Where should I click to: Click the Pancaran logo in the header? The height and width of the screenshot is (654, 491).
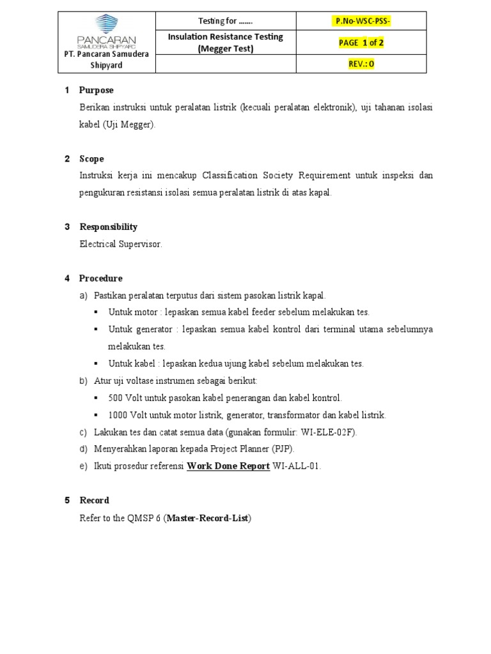pos(106,31)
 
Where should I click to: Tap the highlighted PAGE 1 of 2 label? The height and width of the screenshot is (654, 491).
pos(361,43)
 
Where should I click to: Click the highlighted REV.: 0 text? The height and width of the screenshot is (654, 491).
pos(362,64)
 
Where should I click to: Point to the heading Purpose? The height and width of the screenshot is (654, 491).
pos(97,90)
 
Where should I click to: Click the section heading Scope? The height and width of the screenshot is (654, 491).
pos(91,158)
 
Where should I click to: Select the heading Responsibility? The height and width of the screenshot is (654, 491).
pos(108,227)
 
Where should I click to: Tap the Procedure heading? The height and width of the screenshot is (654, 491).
pos(101,278)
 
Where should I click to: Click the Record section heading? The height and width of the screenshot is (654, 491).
pos(94,500)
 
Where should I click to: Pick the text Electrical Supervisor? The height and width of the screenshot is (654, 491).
pos(121,244)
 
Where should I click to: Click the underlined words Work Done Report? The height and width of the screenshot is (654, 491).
pos(228,466)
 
